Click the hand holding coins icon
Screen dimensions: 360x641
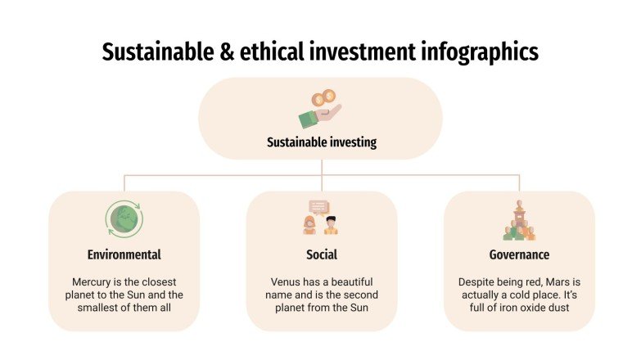(x=320, y=109)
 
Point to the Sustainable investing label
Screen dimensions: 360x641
(x=322, y=142)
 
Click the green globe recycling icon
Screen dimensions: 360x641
(x=124, y=220)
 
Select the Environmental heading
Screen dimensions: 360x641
(x=124, y=254)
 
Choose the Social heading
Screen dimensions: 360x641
(x=322, y=254)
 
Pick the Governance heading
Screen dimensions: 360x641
(x=519, y=254)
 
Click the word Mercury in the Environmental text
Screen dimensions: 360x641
(x=91, y=281)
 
